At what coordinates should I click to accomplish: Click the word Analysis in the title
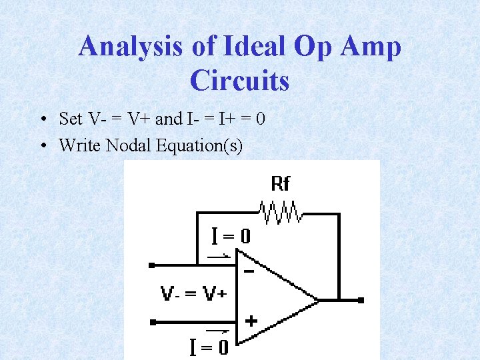pyautogui.click(x=129, y=47)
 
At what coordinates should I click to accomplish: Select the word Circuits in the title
pyautogui.click(x=239, y=81)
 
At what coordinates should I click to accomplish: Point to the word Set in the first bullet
pyautogui.click(x=71, y=119)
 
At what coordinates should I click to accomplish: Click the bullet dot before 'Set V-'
pyautogui.click(x=42, y=120)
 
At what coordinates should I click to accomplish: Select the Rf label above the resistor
pyautogui.click(x=281, y=183)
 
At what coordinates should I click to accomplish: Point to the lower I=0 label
pyautogui.click(x=209, y=347)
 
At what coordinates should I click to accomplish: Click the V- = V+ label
pyautogui.click(x=193, y=293)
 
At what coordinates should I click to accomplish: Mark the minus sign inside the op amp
pyautogui.click(x=249, y=271)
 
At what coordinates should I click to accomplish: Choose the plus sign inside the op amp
pyautogui.click(x=251, y=321)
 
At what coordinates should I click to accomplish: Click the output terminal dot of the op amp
pyautogui.click(x=361, y=301)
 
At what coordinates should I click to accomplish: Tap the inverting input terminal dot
pyautogui.click(x=152, y=265)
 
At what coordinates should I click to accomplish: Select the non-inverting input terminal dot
pyautogui.click(x=152, y=323)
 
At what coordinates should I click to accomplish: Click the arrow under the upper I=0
pyautogui.click(x=219, y=255)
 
